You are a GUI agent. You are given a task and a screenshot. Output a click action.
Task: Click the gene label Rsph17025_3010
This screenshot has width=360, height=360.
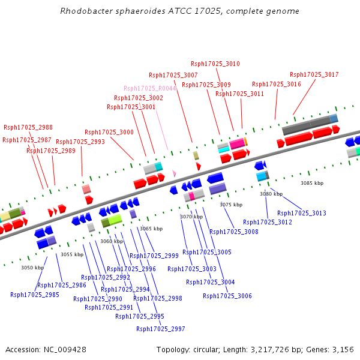(x=215, y=64)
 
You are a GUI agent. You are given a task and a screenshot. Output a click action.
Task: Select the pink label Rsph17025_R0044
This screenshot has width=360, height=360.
(x=150, y=88)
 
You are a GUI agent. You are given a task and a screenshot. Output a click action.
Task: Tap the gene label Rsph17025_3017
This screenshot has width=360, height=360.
(x=314, y=74)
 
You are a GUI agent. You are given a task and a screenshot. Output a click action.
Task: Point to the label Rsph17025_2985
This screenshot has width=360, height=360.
(x=35, y=295)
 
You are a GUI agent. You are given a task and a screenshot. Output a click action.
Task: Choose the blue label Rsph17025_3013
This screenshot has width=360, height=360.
(x=302, y=213)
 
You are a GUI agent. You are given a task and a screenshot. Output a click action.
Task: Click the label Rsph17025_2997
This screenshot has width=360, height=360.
(x=161, y=329)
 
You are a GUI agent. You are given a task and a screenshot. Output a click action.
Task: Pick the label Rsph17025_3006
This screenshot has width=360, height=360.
(x=227, y=296)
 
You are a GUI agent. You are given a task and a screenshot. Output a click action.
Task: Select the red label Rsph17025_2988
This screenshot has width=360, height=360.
(x=28, y=127)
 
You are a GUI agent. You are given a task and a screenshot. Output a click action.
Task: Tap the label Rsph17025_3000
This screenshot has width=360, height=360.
(x=109, y=132)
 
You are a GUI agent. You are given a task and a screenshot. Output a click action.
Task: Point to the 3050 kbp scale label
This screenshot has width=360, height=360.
(x=32, y=268)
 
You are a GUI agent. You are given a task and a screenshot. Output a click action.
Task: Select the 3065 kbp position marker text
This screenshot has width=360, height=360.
(x=151, y=229)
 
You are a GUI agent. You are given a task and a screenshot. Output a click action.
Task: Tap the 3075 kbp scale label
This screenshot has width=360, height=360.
(x=231, y=205)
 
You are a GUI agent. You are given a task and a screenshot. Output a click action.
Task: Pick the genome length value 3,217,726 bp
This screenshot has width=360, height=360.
(x=278, y=349)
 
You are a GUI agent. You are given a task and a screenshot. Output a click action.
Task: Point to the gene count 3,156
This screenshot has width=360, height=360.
(x=343, y=349)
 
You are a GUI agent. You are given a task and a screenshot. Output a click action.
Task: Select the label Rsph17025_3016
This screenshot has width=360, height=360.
(x=277, y=84)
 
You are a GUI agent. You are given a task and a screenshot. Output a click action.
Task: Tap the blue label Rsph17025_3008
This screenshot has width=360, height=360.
(x=234, y=232)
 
